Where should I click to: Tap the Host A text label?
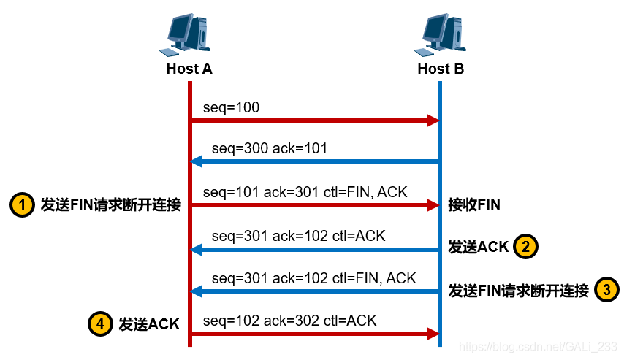pyautogui.click(x=189, y=69)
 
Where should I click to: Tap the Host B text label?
pyautogui.click(x=441, y=69)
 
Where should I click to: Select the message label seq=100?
pyautogui.click(x=232, y=107)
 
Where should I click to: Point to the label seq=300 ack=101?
pyautogui.click(x=270, y=149)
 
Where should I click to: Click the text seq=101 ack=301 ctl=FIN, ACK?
pyautogui.click(x=305, y=192)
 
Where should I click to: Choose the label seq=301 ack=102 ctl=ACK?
pyautogui.click(x=299, y=236)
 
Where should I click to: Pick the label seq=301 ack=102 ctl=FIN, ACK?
pyautogui.click(x=314, y=278)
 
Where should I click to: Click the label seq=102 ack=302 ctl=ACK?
pyautogui.click(x=290, y=321)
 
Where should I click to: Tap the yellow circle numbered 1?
pyautogui.click(x=22, y=205)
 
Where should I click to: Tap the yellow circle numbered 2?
pyautogui.click(x=526, y=247)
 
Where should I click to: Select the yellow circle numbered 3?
pyautogui.click(x=606, y=290)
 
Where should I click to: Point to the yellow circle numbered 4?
pyautogui.click(x=100, y=323)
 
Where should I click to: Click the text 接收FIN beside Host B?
pyautogui.click(x=474, y=205)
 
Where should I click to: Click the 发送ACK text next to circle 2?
pyautogui.click(x=479, y=248)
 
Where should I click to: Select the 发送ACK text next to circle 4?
pyautogui.click(x=148, y=324)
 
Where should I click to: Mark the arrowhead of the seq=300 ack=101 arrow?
pyautogui.click(x=196, y=161)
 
